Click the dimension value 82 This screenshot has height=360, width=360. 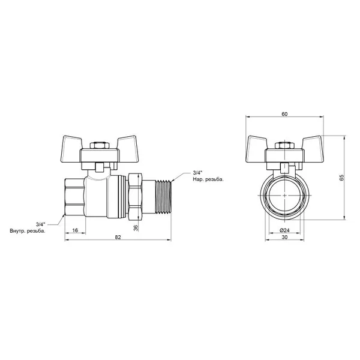pos(118,237)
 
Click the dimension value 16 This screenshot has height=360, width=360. pos(75,230)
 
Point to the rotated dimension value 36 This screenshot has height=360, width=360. pos(136,228)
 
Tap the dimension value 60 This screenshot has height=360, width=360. pos(284,114)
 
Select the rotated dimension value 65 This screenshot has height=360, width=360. pos(342,178)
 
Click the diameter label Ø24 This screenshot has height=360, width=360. pos(284,230)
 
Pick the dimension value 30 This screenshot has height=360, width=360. pos(284,237)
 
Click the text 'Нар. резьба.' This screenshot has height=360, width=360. pos(208,179)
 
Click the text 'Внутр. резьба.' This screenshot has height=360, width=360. pos(28,231)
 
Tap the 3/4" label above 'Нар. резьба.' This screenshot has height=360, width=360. pos(197,173)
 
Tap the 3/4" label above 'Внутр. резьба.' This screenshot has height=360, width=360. pos(41,224)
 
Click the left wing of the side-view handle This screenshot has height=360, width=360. pos(71,149)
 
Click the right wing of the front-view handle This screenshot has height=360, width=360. pos(313,149)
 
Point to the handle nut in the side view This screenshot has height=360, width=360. pos(100,146)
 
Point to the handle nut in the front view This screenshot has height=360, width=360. pos(284,146)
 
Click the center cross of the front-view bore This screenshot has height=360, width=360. pos(284,196)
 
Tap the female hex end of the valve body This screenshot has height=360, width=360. pos(76,197)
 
